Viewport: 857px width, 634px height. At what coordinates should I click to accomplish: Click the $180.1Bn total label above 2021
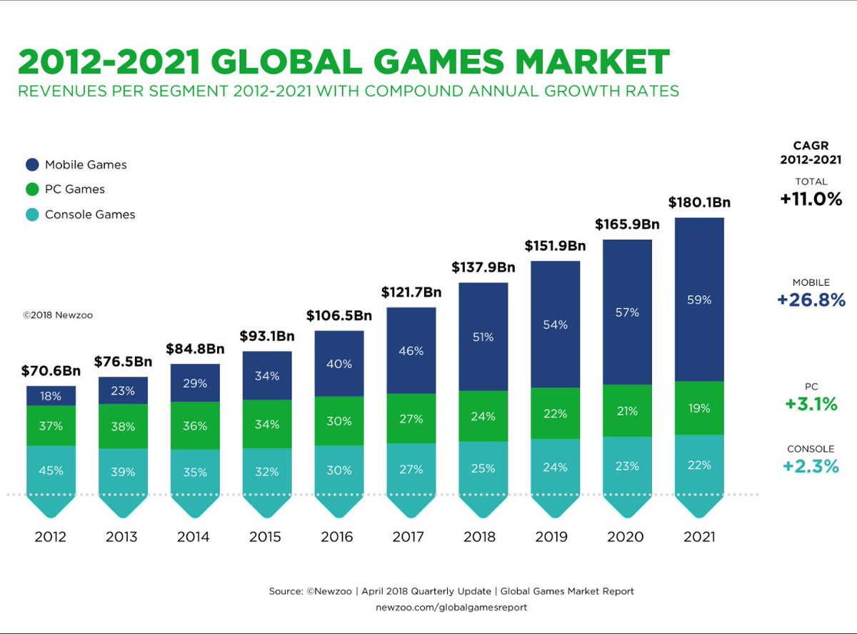click(699, 202)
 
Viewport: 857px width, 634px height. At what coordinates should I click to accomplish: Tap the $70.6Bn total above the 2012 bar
click(51, 371)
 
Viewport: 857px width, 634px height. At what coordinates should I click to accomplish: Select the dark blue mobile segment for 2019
click(556, 324)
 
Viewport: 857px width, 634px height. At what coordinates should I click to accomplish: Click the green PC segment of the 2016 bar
click(339, 421)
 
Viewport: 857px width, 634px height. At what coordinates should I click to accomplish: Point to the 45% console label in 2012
click(51, 470)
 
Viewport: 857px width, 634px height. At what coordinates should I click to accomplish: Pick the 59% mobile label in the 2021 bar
click(699, 299)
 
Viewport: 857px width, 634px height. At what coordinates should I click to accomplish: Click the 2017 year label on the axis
click(408, 537)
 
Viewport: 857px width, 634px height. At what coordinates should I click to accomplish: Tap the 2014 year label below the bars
click(193, 537)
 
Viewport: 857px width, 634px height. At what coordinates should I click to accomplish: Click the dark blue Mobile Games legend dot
click(32, 164)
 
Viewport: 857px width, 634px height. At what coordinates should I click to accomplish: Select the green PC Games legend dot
click(32, 189)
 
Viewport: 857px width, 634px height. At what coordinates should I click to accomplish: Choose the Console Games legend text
click(90, 214)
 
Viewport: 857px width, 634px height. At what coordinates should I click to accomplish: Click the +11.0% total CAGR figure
click(811, 199)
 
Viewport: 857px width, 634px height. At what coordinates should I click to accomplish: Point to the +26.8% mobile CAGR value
click(811, 300)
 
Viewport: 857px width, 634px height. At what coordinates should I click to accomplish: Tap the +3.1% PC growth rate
click(811, 405)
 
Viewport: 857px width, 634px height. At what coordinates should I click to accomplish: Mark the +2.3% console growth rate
click(811, 467)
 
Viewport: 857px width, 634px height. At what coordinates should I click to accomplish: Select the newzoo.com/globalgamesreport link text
click(451, 607)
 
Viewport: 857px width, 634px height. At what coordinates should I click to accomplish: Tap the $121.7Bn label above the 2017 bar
click(411, 292)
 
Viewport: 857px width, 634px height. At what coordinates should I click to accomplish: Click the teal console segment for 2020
click(628, 465)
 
